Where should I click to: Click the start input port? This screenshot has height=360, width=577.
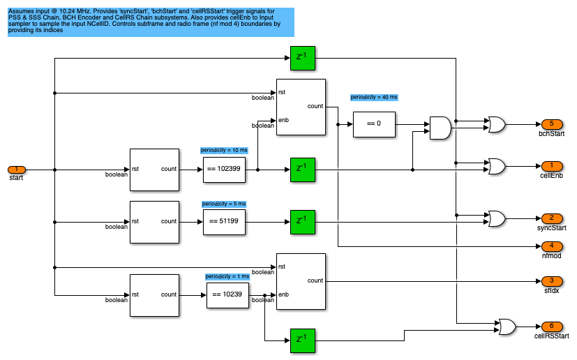[17, 170]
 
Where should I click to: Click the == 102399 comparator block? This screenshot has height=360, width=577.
[223, 170]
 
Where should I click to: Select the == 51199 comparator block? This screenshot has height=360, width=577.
[223, 222]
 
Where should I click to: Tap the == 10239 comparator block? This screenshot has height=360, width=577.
[227, 294]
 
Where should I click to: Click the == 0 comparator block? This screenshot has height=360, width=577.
[374, 124]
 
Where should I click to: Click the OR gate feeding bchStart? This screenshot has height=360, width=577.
[497, 124]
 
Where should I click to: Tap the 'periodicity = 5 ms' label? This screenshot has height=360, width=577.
[224, 204]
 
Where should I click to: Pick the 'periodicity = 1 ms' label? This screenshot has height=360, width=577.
[227, 276]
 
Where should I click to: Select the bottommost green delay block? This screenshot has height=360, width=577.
[301, 340]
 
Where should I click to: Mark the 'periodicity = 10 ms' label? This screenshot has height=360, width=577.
[224, 150]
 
